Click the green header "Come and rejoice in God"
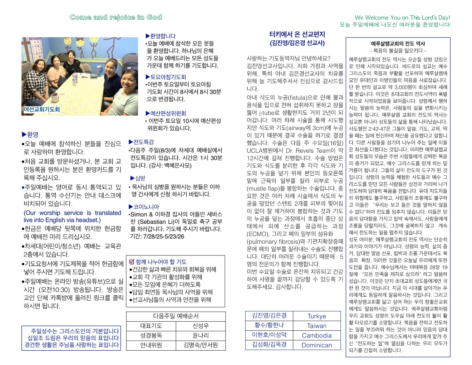(115, 17)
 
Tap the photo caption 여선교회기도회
(41, 109)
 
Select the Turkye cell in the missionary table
(316, 316)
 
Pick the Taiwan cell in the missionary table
(316, 326)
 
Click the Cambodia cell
(316, 335)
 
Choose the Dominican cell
(316, 345)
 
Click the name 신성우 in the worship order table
(201, 326)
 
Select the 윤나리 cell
(201, 335)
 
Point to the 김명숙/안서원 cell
(201, 345)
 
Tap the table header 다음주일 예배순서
(176, 316)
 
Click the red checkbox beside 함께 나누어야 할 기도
(132, 262)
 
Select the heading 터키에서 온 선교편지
(297, 34)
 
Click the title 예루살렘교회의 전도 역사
(398, 44)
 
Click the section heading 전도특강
(143, 142)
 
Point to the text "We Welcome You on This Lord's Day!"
(402, 18)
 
